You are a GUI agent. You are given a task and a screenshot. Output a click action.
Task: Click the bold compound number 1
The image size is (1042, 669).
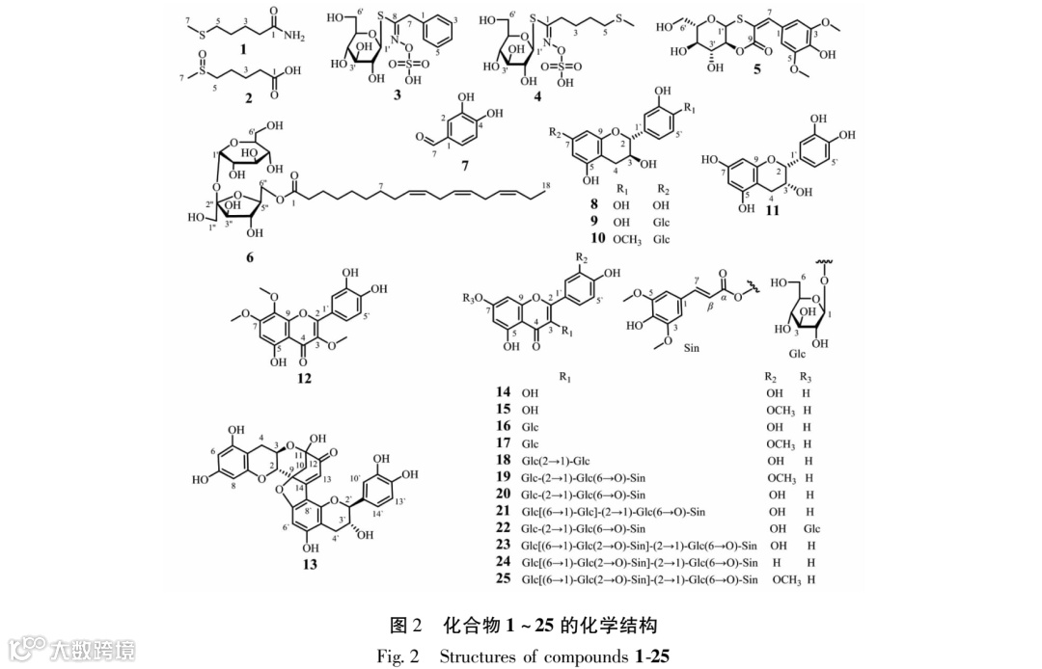(243, 48)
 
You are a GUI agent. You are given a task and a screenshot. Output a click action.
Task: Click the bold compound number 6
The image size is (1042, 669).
(250, 257)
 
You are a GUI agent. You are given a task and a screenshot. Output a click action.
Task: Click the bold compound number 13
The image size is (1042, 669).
(308, 564)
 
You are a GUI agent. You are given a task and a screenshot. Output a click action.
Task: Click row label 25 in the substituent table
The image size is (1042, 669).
(503, 579)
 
